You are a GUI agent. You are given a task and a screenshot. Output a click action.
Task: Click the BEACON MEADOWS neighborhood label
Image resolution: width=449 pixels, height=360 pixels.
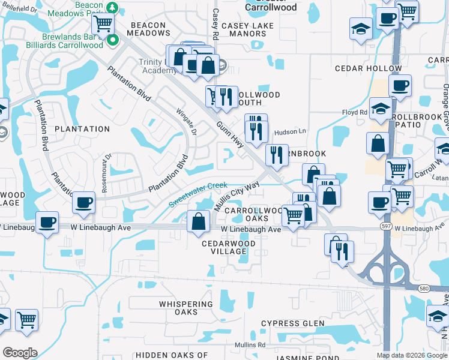coord(148,29)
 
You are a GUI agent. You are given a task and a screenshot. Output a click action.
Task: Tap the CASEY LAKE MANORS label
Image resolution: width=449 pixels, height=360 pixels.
coord(247,29)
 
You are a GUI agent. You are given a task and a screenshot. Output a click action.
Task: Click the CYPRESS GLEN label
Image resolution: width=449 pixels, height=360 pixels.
coord(289,323)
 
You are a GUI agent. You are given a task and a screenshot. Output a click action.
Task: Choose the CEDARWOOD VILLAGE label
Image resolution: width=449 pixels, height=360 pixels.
coord(229,247)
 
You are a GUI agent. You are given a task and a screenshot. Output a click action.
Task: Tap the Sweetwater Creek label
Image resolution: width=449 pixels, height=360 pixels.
coord(198,196)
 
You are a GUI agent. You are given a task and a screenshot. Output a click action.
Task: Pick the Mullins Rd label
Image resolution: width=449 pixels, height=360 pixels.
coord(250,345)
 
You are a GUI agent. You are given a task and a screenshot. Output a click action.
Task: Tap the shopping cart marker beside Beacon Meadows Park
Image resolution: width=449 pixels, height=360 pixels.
coord(103,25)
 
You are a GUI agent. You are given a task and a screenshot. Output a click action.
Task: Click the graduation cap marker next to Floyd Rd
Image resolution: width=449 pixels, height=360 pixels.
coord(380,110)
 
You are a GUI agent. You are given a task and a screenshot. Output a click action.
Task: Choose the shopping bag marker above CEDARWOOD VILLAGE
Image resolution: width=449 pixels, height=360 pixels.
coord(198,222)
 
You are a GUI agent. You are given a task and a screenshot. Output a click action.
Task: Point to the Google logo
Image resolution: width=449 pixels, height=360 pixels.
coord(20,353)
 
